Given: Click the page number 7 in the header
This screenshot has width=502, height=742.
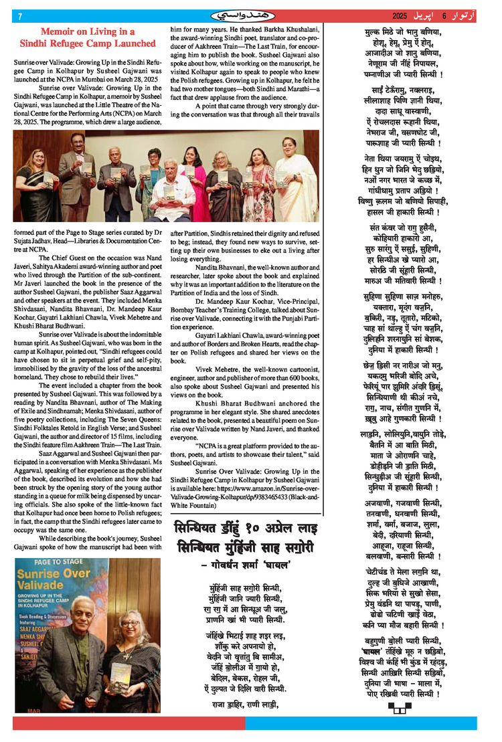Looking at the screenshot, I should click(20, 15).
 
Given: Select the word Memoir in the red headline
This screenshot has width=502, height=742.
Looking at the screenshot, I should click(59, 31).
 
